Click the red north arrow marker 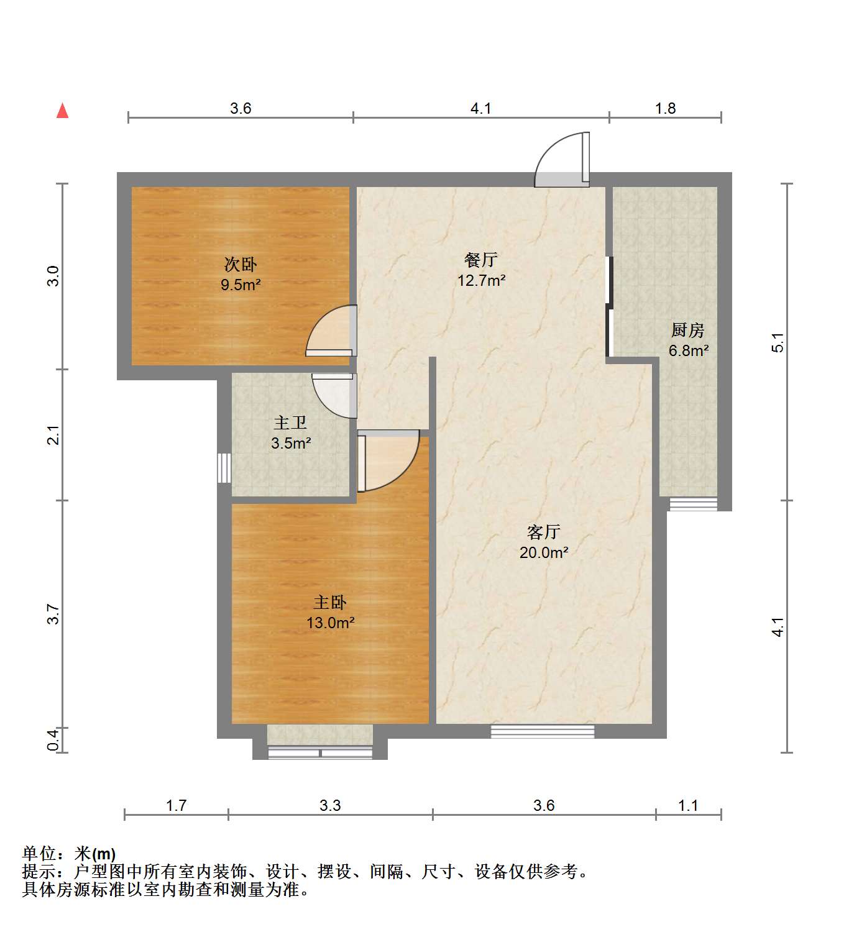pyautogui.click(x=62, y=111)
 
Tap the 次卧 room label pyautogui.click(x=241, y=265)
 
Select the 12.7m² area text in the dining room pyautogui.click(x=481, y=280)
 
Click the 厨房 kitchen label pyautogui.click(x=687, y=330)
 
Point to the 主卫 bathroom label pyautogui.click(x=290, y=423)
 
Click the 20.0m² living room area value pyautogui.click(x=544, y=552)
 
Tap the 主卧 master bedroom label pyautogui.click(x=330, y=602)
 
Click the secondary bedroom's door pyautogui.click(x=333, y=332)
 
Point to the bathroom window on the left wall pyautogui.click(x=224, y=468)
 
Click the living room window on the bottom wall pyautogui.click(x=542, y=731)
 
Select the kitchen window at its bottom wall pyautogui.click(x=693, y=504)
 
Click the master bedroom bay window pyautogui.click(x=320, y=752)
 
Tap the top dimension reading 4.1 pyautogui.click(x=480, y=109)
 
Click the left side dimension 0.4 pyautogui.click(x=54, y=739)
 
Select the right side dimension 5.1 pyautogui.click(x=778, y=342)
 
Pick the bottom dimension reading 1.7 pyautogui.click(x=176, y=806)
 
